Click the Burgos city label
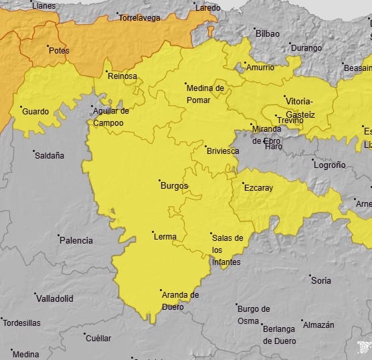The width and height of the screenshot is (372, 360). click(175, 185)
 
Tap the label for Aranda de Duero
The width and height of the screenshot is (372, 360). click(180, 299)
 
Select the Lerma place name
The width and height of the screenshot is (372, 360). click(165, 237)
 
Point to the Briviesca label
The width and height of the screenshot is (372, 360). click(223, 151)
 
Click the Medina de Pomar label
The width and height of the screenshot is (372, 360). click(205, 94)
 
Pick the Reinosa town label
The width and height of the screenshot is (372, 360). click(122, 76)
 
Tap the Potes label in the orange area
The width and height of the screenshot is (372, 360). click(59, 50)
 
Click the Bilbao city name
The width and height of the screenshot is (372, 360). click(268, 33)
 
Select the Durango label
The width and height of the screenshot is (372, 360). click(308, 48)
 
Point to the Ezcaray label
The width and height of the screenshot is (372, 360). click(258, 188)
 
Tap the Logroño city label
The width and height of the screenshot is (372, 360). click(329, 165)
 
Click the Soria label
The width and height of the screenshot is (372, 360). click(321, 280)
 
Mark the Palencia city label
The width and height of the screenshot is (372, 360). click(76, 240)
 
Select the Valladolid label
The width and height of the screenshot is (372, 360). click(55, 298)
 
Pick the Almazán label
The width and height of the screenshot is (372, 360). click(318, 325)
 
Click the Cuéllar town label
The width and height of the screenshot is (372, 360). click(99, 339)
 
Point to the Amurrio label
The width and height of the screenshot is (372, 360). click(260, 68)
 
